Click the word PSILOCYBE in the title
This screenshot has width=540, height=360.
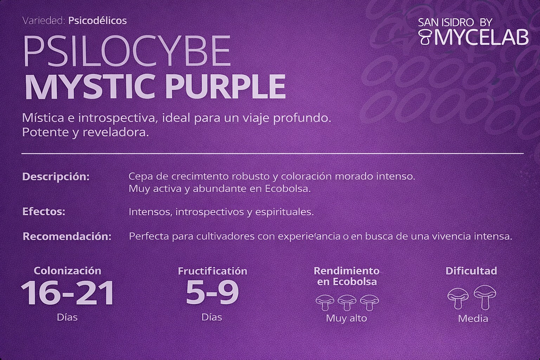(x=127, y=52)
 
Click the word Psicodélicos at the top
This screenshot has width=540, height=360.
(x=97, y=21)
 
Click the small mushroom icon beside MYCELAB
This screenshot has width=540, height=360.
(x=426, y=37)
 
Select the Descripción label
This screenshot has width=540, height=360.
(x=56, y=177)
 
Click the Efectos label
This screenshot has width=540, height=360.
(x=44, y=212)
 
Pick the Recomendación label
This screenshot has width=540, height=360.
(x=67, y=236)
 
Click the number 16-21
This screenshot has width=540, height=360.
(x=67, y=292)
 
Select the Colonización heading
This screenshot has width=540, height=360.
(x=67, y=271)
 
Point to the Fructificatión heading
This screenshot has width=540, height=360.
(x=212, y=271)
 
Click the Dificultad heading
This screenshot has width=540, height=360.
(x=471, y=271)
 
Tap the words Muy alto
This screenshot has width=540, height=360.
(x=346, y=318)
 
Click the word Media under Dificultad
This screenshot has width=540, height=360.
(x=472, y=319)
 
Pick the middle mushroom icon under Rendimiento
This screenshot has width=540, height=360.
(x=346, y=302)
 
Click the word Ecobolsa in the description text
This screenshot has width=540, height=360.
(x=287, y=189)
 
